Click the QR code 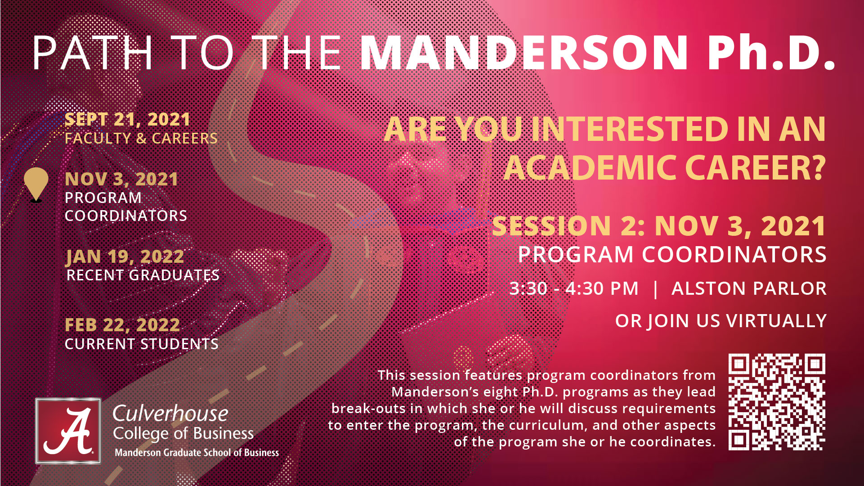(777, 402)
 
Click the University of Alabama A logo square (68, 431)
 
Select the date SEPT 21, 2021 (127, 120)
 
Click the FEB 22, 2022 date (122, 325)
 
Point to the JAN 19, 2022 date (125, 257)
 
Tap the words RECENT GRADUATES (143, 275)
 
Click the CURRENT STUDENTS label (142, 344)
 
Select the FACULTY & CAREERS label (141, 139)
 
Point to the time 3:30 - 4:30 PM (574, 288)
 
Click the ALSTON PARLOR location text (749, 288)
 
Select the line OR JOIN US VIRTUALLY (721, 321)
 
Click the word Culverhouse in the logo (170, 414)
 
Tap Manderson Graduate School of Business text (197, 453)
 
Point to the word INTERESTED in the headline (630, 129)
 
